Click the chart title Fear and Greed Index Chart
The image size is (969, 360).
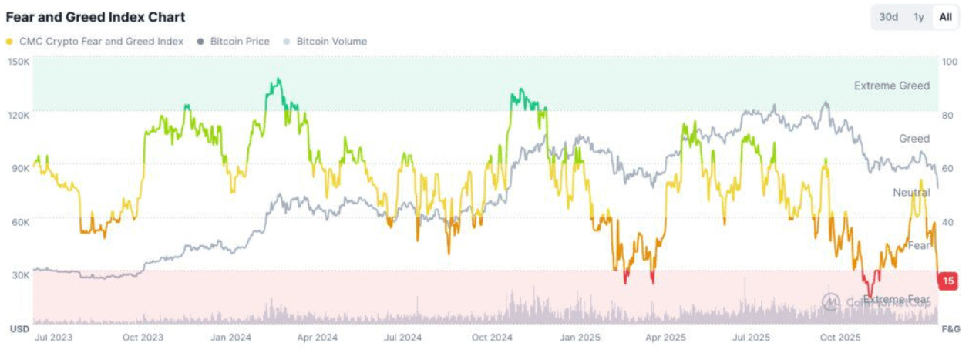(x=96, y=17)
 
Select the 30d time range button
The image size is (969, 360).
(x=889, y=17)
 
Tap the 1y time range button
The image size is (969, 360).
(x=918, y=17)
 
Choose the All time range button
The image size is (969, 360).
(x=945, y=17)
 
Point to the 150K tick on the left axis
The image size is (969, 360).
(x=19, y=62)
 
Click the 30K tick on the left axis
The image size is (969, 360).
(x=21, y=274)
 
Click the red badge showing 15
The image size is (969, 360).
(x=948, y=281)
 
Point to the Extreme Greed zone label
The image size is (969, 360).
(x=892, y=86)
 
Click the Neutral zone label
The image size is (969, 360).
(x=911, y=192)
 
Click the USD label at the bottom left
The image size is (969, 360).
(x=19, y=329)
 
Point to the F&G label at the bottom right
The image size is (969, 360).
(x=950, y=329)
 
